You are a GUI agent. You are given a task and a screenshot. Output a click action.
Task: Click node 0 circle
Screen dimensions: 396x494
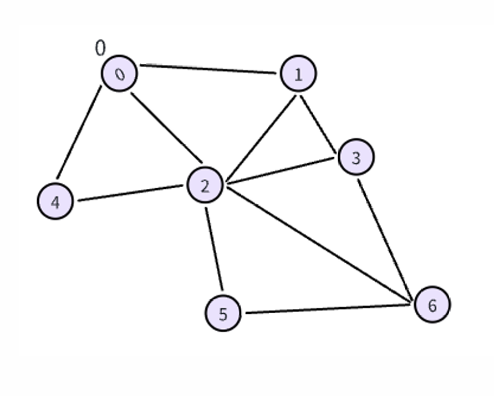click(119, 73)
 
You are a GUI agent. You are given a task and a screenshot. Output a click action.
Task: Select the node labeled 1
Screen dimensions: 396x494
click(298, 74)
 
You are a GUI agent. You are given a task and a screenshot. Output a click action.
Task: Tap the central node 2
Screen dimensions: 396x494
click(205, 186)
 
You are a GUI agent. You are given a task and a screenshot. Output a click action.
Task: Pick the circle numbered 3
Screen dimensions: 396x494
click(356, 158)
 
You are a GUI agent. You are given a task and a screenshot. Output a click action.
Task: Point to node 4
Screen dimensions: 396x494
click(55, 201)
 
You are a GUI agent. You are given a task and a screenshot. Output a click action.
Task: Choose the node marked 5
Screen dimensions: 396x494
click(223, 313)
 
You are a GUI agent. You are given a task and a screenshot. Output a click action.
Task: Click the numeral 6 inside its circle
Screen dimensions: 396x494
click(432, 304)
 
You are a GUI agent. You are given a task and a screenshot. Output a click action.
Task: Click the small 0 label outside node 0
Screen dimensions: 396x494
click(100, 49)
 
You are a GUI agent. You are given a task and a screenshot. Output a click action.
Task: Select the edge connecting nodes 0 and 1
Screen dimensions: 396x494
click(208, 69)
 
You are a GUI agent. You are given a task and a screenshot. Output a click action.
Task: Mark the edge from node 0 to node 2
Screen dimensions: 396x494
click(166, 129)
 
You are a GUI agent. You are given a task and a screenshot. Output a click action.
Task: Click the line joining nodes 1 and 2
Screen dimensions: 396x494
click(262, 139)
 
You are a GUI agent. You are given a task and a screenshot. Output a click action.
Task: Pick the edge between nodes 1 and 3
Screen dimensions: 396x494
click(319, 124)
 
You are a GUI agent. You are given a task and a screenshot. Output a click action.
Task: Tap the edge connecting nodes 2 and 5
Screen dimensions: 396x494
click(214, 249)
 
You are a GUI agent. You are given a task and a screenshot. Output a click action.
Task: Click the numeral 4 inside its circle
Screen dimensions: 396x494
click(55, 202)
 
